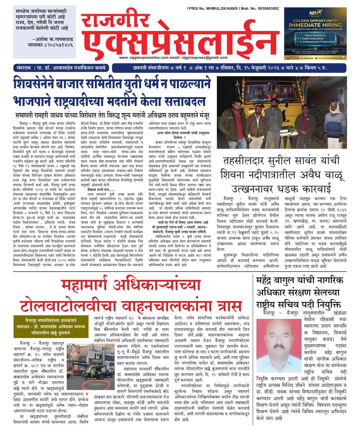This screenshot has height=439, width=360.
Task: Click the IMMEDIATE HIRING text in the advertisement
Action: point(315,25)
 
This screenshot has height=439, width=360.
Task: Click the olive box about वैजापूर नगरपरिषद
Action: point(51,326)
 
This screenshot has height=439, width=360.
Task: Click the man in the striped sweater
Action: point(335,121)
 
